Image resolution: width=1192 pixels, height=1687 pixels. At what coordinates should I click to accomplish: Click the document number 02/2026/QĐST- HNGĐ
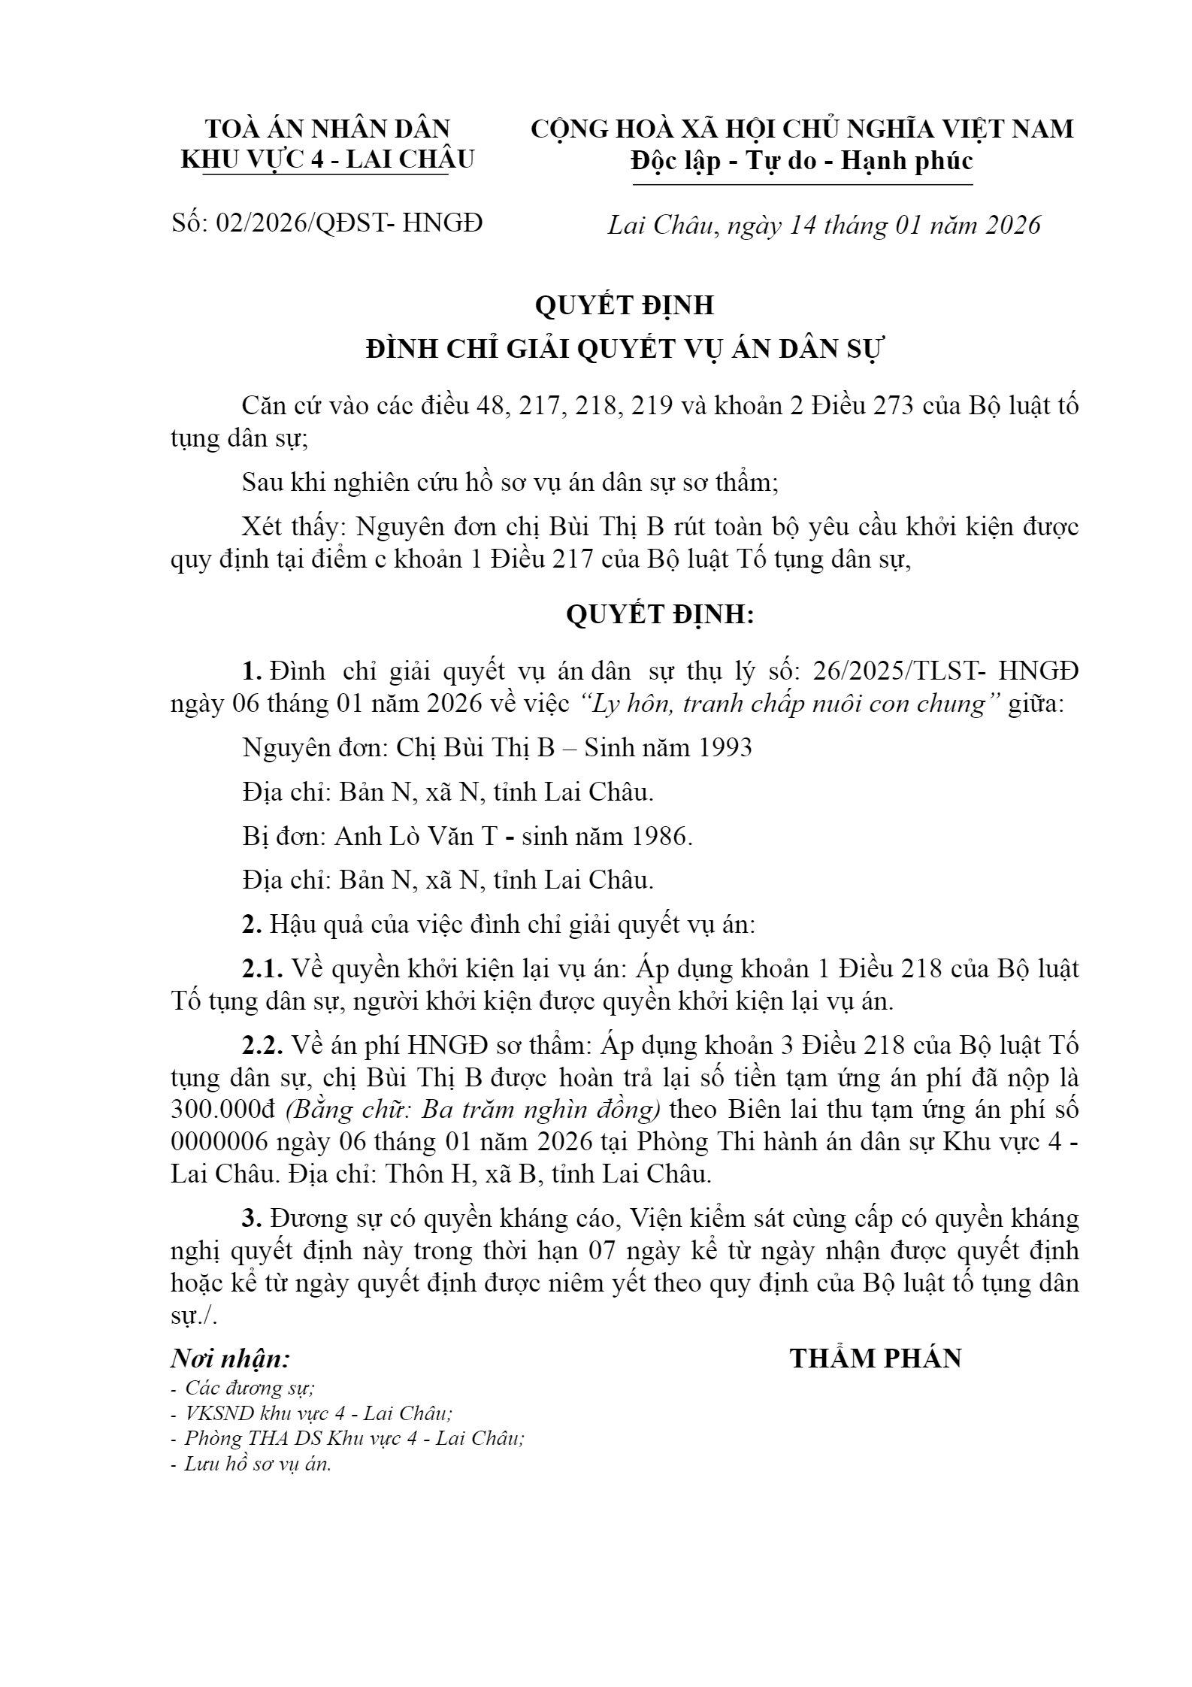coord(349,223)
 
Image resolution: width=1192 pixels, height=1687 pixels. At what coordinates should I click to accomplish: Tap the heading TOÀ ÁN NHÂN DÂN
coord(328,129)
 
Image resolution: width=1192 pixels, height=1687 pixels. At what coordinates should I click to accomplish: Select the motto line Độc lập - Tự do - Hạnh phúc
coord(802,161)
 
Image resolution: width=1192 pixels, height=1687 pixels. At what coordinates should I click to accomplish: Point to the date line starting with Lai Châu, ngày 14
coord(824,225)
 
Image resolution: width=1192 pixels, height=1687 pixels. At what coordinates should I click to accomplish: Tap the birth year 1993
coord(725,747)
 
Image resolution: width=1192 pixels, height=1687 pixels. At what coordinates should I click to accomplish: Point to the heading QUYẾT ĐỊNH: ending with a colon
coord(659,615)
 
